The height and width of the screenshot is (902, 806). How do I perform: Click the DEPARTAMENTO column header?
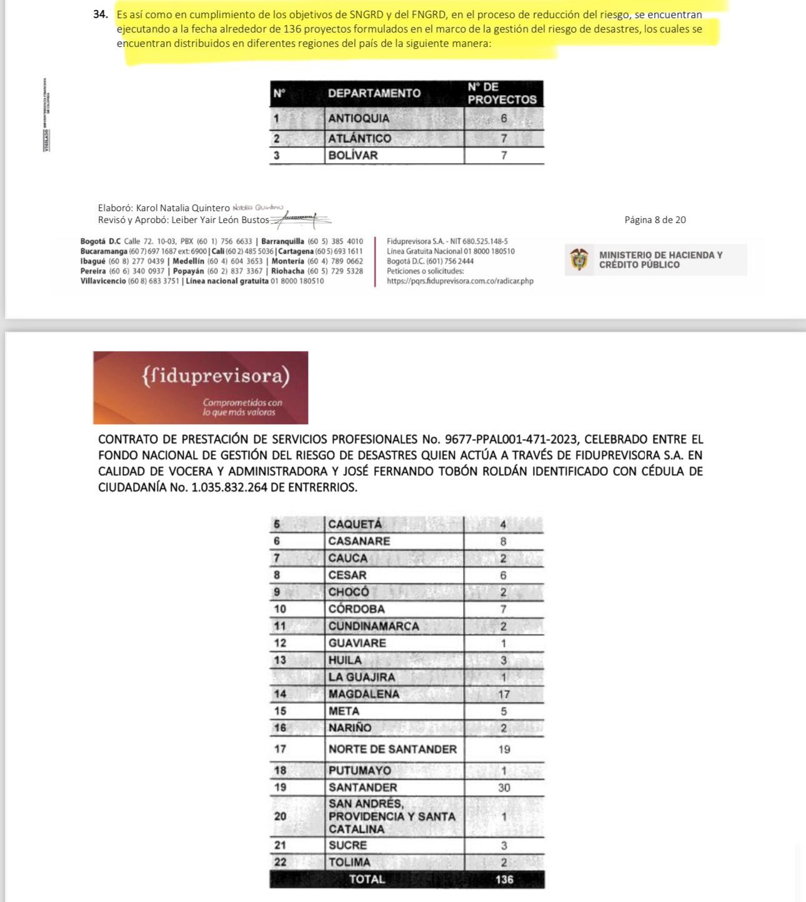coord(374,93)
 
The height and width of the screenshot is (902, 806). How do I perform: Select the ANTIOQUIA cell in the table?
coord(359,118)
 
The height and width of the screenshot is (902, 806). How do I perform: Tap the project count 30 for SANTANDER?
coord(504,788)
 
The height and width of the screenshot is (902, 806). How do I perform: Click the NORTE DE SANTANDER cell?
coord(392,749)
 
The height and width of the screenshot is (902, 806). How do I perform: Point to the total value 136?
coord(504,880)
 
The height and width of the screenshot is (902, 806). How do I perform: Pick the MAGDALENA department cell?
coord(364,694)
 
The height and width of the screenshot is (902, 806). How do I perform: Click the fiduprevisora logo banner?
coord(201,387)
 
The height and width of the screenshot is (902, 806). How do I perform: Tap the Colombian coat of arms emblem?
coord(579,259)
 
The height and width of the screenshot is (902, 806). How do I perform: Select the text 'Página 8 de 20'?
coord(655,220)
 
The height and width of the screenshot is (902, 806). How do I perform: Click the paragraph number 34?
coord(101,14)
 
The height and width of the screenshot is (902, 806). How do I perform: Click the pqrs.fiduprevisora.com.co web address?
coord(460,281)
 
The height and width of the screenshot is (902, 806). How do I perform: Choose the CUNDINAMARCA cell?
coord(374,626)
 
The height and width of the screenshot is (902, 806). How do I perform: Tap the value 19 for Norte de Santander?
coord(504,750)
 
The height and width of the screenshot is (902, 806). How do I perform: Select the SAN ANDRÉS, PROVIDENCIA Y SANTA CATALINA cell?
coord(392,816)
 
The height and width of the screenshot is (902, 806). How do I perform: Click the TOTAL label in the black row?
coord(367,880)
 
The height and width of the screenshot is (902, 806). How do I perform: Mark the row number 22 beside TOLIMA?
coord(280,862)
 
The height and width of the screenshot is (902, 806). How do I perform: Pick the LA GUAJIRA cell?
coord(362,677)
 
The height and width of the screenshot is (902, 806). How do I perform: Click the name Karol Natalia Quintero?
coord(182,208)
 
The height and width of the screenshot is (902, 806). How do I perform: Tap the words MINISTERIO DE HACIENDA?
coord(660,255)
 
